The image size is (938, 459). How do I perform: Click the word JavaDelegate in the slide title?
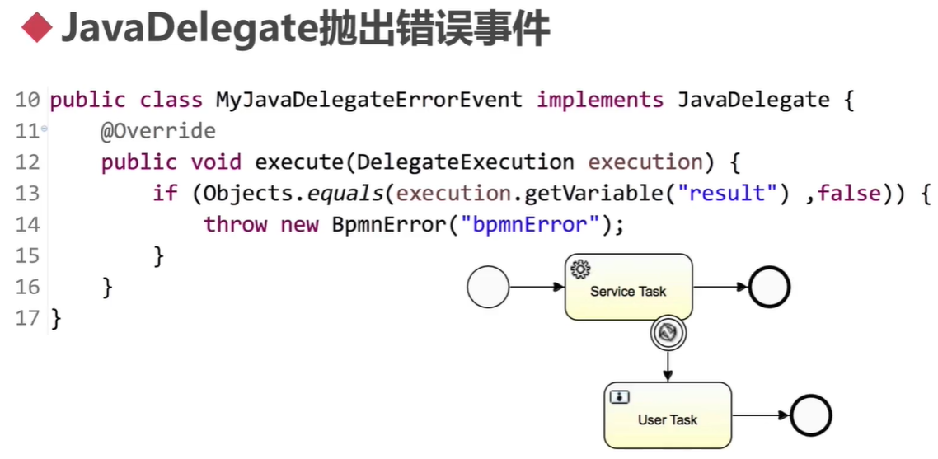pyautogui.click(x=189, y=30)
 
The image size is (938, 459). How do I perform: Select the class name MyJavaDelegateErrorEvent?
pyautogui.click(x=368, y=101)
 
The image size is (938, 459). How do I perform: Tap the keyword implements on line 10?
pyautogui.click(x=599, y=101)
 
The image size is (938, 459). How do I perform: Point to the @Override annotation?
pyautogui.click(x=158, y=131)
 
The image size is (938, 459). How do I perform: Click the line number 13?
pyautogui.click(x=26, y=194)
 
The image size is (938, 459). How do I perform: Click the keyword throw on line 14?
pyautogui.click(x=236, y=224)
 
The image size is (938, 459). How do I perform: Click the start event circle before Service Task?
pyautogui.click(x=488, y=288)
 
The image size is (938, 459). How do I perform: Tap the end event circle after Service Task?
pyautogui.click(x=770, y=288)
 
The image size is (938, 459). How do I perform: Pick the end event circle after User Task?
pyautogui.click(x=811, y=415)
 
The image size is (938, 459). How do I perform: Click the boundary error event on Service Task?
pyautogui.click(x=668, y=332)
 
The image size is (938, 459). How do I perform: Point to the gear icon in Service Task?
pyautogui.click(x=580, y=268)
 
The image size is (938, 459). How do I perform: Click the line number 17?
pyautogui.click(x=26, y=318)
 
